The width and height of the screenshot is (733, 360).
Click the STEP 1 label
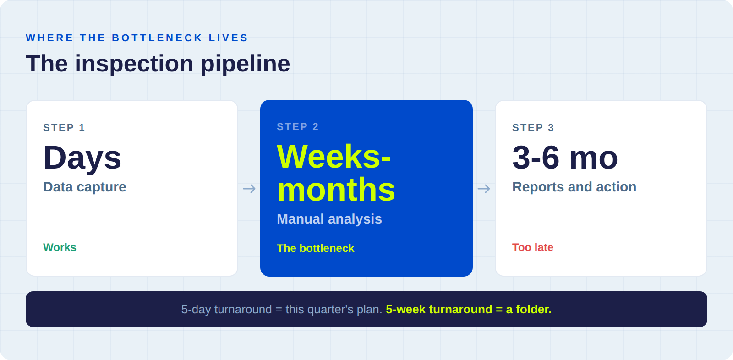64,128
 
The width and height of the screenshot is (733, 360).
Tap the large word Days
82,158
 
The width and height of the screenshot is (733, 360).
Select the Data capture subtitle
85,187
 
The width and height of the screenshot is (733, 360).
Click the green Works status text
60,247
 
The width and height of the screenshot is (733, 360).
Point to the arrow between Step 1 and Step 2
249,189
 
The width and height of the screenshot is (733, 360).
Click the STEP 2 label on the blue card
298,127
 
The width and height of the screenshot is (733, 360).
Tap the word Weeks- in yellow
334,157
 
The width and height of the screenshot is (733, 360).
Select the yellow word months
336,190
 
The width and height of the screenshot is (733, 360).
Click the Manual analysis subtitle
329,219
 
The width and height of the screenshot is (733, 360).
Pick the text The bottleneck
316,248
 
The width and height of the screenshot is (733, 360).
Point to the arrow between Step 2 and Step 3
484,189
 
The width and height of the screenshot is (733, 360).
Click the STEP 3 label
533,128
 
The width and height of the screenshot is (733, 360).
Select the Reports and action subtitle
574,187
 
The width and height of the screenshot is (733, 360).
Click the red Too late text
533,247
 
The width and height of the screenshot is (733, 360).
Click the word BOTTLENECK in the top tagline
157,38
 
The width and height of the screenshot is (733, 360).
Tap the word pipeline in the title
245,64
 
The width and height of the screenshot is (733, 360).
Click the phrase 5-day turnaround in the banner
226,310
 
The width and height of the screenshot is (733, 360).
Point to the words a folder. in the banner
529,310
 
